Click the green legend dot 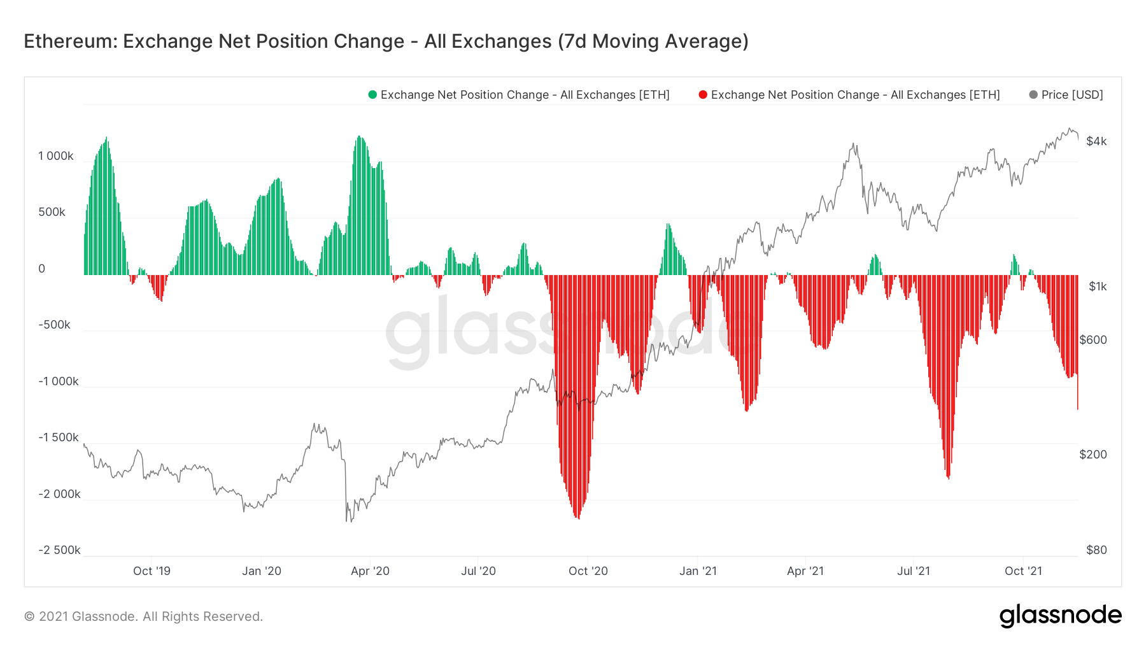coord(372,95)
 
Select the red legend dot coord(703,95)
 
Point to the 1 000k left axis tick coord(56,156)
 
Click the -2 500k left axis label coord(59,550)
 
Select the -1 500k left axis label coord(59,437)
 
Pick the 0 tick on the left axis coord(42,269)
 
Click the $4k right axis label coord(1096,141)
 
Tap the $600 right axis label coord(1093,340)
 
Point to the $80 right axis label coord(1096,550)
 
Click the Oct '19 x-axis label coord(152,571)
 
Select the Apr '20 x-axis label coord(370,571)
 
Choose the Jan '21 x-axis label coord(698,571)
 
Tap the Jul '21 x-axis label coord(913,571)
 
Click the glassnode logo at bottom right coord(1060,616)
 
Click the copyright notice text coord(143,616)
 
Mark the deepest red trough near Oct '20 coord(578,517)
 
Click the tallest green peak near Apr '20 coord(360,138)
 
